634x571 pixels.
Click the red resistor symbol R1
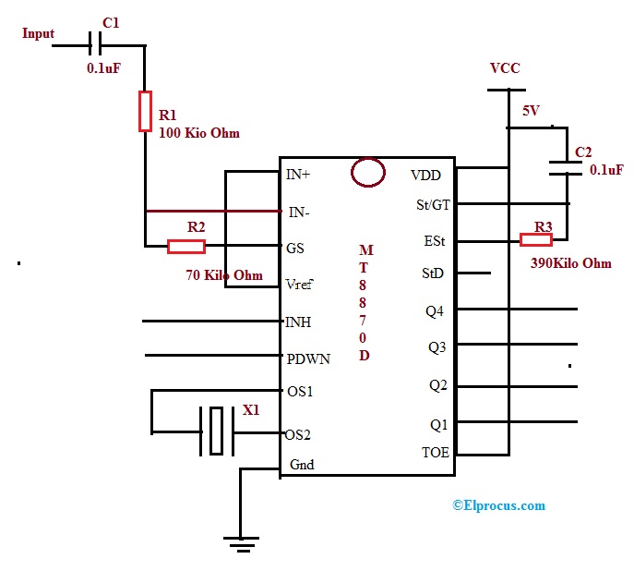coord(145,111)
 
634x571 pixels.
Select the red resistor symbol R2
coord(185,247)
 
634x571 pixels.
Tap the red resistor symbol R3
coord(536,240)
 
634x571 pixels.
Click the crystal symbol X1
coord(216,431)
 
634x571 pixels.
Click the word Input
coord(38,33)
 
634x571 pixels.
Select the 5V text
coord(531,111)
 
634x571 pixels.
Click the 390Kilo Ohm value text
coord(570,263)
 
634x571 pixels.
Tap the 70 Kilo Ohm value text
coord(224,275)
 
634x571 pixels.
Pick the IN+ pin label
coord(300,175)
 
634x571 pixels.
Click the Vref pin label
coord(303,285)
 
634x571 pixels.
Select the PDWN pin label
coord(307,358)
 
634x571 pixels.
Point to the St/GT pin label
coord(432,204)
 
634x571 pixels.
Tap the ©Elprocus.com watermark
coord(498,505)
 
